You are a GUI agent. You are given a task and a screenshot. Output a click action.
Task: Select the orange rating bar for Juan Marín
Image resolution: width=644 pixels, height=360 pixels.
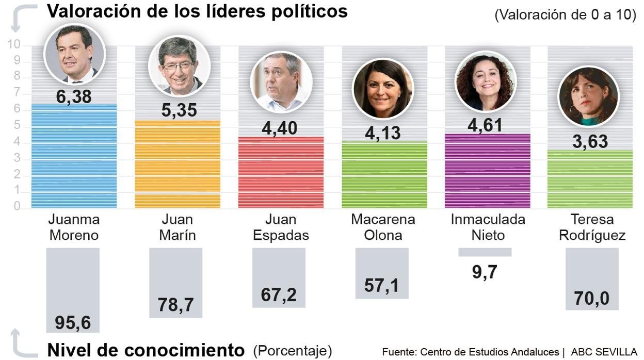tap(178, 165)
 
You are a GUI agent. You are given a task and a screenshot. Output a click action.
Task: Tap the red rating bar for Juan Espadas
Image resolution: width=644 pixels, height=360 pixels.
tap(281, 172)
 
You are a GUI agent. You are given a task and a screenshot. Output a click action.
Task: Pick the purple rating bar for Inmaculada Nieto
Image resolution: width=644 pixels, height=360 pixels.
tap(487, 171)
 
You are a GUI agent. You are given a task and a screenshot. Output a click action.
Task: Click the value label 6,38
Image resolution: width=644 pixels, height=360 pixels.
tap(74, 96)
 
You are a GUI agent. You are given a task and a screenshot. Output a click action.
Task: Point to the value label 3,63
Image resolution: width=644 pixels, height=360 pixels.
tap(590, 141)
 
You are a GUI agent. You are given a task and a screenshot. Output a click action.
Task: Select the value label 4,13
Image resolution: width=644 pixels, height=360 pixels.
tap(383, 133)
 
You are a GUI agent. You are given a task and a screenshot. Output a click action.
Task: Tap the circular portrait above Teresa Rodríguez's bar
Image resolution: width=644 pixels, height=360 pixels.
tap(589, 96)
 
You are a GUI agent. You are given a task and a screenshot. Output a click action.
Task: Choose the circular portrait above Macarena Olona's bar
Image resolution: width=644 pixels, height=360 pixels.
tap(383, 89)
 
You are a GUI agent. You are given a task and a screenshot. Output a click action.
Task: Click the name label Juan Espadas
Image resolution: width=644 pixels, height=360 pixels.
tap(281, 227)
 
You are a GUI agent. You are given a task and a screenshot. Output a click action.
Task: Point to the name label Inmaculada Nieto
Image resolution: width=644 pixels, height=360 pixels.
tap(488, 227)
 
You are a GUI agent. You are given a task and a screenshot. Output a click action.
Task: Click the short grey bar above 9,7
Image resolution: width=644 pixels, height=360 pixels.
tap(485, 252)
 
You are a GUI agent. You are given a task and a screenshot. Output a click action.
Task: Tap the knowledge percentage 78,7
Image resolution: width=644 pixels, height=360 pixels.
tap(176, 305)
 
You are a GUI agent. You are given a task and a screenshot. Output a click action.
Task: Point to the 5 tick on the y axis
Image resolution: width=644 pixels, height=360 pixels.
tap(17, 126)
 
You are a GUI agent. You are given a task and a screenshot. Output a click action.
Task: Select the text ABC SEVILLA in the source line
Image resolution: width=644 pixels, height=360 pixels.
tap(604, 352)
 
